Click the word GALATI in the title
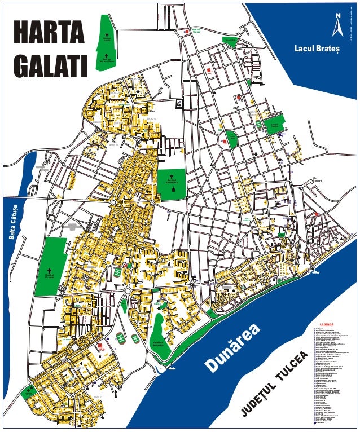coord(51,65)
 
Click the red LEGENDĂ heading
coord(328,324)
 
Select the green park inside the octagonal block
coord(231,136)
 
